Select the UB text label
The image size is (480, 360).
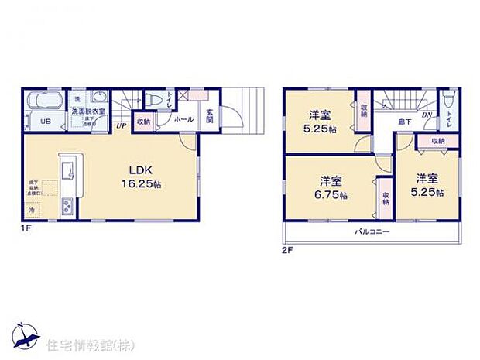46,122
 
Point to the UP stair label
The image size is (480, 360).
121,125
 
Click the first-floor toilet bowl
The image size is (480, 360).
154,99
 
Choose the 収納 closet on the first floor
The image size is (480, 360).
143,122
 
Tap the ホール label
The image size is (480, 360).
184,119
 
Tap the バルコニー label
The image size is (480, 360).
372,232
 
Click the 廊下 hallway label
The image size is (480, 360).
404,122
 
